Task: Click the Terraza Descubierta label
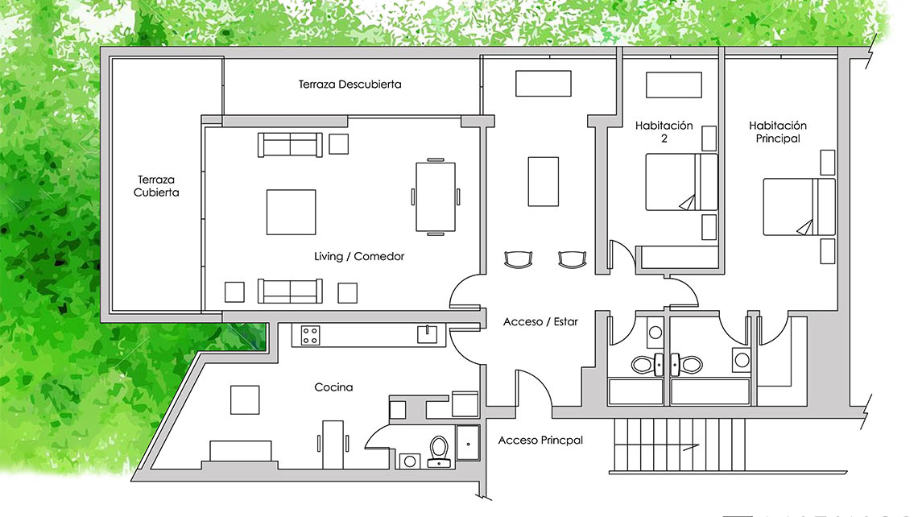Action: click(350, 85)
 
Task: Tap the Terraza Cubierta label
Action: click(156, 186)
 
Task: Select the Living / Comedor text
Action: click(359, 256)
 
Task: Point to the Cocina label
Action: click(333, 387)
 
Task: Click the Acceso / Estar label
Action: click(540, 321)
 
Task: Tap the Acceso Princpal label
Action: click(540, 440)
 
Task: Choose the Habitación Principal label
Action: click(778, 132)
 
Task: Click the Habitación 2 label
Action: click(664, 132)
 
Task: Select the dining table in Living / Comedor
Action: click(436, 196)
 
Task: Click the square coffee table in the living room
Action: click(291, 212)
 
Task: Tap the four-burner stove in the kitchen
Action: click(310, 336)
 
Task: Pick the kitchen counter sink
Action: click(427, 334)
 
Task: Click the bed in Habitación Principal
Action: click(799, 207)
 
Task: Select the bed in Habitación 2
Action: click(681, 182)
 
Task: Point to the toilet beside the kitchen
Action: click(439, 452)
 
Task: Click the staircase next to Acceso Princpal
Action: click(680, 445)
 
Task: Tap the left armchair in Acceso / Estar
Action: click(519, 259)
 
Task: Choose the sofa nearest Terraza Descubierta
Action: click(290, 145)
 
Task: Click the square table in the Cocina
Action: click(245, 400)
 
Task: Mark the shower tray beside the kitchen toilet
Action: click(468, 443)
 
